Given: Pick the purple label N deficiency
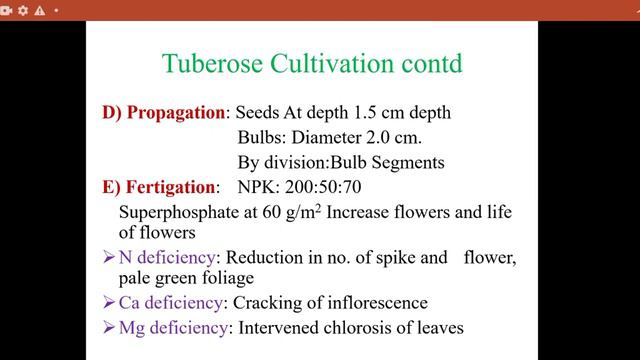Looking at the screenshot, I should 177,257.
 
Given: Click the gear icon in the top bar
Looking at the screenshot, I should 24,9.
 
